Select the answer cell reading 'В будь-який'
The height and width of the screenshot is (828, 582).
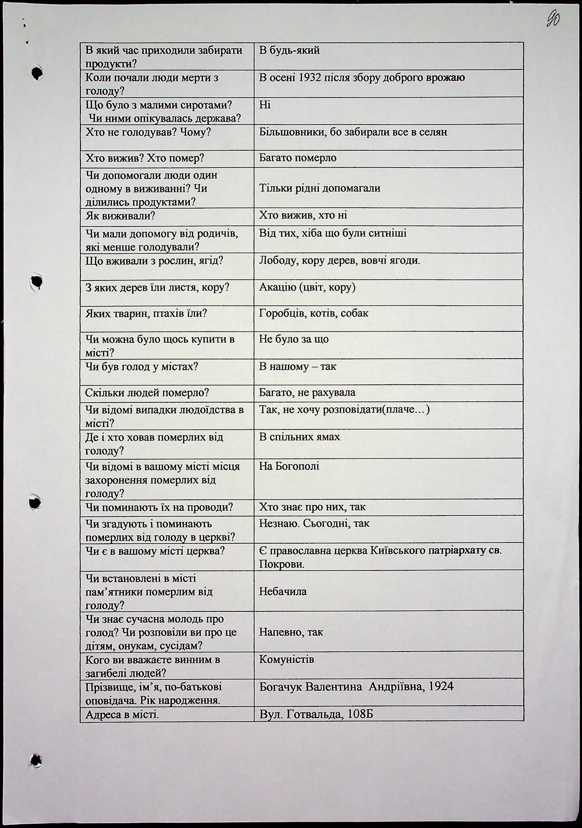(289, 50)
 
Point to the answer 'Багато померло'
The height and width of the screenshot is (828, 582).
(298, 158)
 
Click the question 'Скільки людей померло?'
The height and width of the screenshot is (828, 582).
(147, 393)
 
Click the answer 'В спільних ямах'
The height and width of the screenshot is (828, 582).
(299, 437)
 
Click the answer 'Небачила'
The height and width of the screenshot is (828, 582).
(283, 591)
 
